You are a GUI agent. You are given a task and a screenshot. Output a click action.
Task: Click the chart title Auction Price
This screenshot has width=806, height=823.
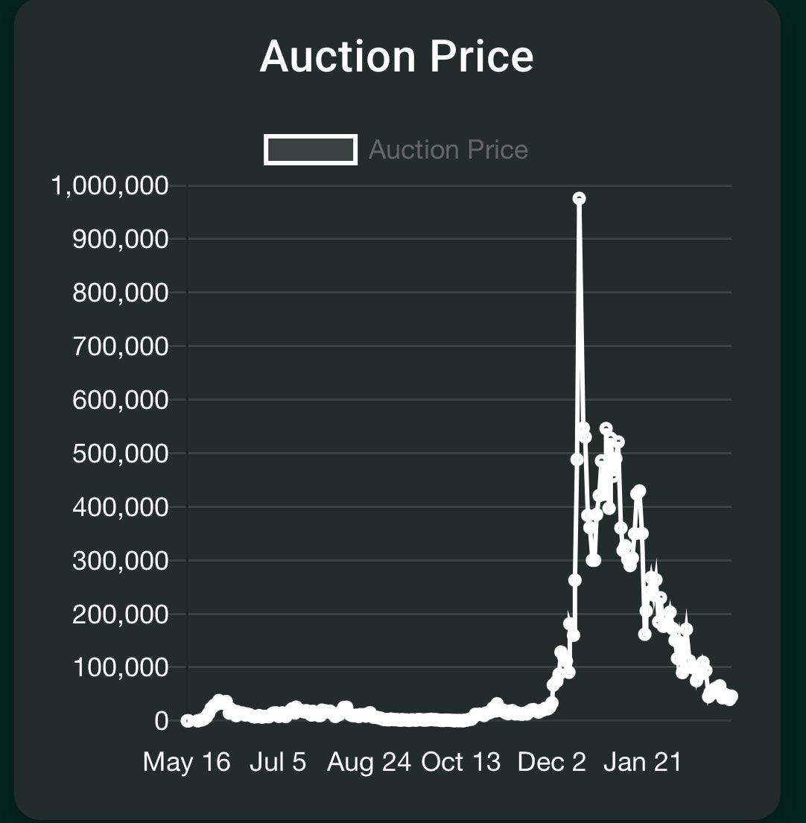pyautogui.click(x=396, y=57)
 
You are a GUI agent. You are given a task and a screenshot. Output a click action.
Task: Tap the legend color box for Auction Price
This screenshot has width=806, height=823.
pyautogui.click(x=310, y=150)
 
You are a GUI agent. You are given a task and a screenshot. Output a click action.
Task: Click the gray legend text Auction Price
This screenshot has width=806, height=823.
pyautogui.click(x=448, y=150)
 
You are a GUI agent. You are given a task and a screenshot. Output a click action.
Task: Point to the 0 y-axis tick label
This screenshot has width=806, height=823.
pyautogui.click(x=162, y=721)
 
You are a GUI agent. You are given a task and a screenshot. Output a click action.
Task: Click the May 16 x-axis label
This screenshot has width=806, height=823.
pyautogui.click(x=186, y=762)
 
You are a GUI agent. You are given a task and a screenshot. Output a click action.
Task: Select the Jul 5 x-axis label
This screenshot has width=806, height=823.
pyautogui.click(x=278, y=762)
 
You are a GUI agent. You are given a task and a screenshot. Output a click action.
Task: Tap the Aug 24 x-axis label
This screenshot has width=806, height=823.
pyautogui.click(x=369, y=762)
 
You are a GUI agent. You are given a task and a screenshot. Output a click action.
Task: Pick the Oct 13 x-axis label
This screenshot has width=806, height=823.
pyautogui.click(x=461, y=762)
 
